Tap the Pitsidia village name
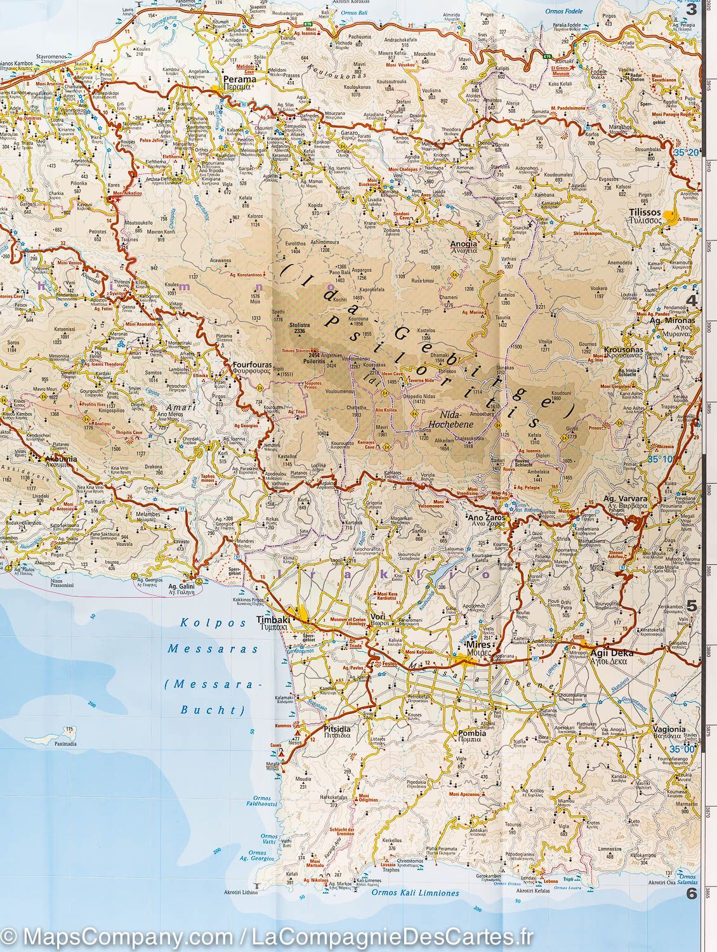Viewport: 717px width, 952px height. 336,730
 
